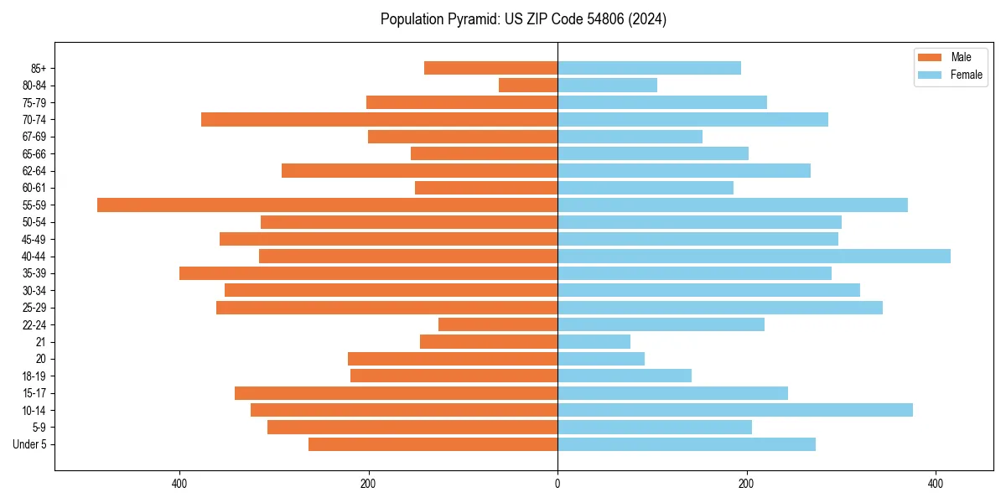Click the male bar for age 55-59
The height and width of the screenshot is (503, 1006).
pos(327,205)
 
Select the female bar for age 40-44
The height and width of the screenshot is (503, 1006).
pos(754,256)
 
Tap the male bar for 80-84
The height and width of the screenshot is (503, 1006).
pos(528,85)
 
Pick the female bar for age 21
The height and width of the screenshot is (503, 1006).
pos(594,341)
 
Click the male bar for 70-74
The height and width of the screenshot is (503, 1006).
pos(379,119)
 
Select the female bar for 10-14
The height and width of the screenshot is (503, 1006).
pos(735,410)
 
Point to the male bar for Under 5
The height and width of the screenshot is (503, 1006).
pos(433,444)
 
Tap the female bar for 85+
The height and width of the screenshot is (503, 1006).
pos(649,68)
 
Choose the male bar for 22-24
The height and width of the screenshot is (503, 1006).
pos(498,324)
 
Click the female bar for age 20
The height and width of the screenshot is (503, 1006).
pos(601,359)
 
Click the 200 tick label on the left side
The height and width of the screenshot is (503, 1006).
pos(368,483)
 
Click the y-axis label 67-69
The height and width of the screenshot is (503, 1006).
pos(34,137)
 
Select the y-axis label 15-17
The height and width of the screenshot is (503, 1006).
pos(34,393)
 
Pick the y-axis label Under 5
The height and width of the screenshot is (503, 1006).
pos(30,444)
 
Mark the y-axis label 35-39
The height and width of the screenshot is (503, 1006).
pos(34,273)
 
